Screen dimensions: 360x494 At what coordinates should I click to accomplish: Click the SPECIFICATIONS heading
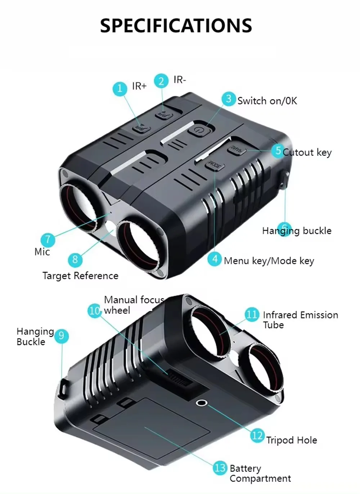[x=176, y=26]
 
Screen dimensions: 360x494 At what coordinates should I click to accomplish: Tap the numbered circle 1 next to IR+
[x=120, y=88]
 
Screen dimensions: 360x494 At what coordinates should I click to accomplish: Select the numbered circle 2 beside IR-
[x=161, y=81]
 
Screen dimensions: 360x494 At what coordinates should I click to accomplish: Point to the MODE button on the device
[x=215, y=166]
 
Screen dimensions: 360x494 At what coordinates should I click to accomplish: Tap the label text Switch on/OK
[x=267, y=101]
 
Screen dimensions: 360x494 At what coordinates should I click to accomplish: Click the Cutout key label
[x=307, y=152]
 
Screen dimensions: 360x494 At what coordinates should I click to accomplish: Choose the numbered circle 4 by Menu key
[x=215, y=259]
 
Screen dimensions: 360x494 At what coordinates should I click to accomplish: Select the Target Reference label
[x=80, y=276]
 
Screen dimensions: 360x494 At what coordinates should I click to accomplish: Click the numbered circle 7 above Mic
[x=48, y=240]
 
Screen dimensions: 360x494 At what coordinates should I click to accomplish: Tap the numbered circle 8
[x=75, y=259]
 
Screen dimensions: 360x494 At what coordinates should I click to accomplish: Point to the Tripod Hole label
[x=292, y=440]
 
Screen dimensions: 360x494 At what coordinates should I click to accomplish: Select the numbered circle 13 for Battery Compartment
[x=220, y=468]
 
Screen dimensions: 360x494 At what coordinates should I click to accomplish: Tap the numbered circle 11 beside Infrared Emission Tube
[x=252, y=314]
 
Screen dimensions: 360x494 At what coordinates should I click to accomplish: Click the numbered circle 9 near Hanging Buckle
[x=61, y=336]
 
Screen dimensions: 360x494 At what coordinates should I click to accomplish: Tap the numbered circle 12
[x=257, y=436]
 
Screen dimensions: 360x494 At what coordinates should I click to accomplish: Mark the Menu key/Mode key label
[x=269, y=260]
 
